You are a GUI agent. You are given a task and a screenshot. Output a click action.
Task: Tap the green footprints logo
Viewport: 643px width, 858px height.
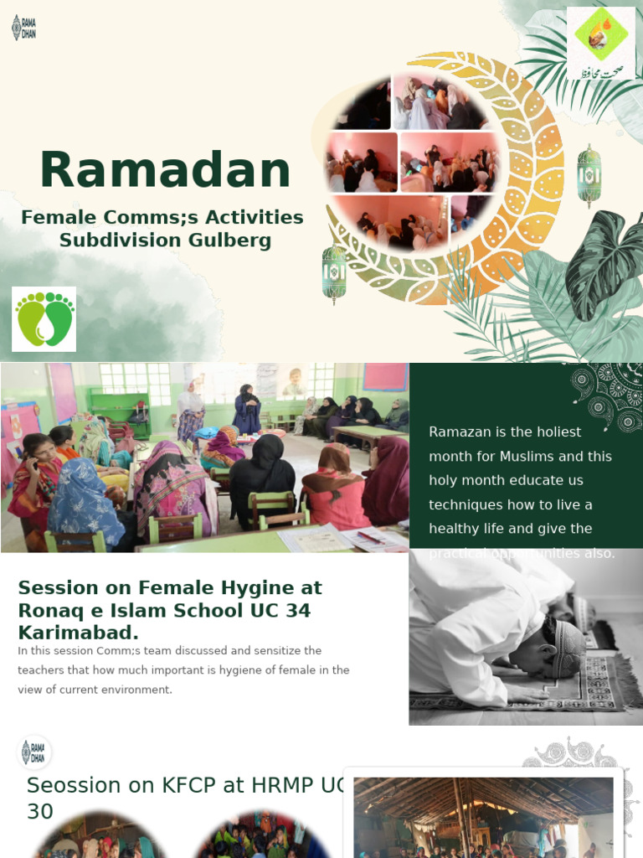tap(44, 319)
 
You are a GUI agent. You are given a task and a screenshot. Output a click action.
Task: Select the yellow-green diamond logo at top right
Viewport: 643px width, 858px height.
tap(600, 43)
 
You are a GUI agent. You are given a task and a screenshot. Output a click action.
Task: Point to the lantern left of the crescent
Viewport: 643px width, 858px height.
tap(334, 274)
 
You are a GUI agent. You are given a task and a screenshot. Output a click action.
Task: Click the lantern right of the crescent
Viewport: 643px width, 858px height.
tap(589, 174)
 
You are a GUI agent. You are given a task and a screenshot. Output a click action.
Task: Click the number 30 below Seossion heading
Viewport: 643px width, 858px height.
tap(39, 811)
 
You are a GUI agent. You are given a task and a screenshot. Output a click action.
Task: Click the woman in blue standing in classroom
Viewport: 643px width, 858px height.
tap(247, 411)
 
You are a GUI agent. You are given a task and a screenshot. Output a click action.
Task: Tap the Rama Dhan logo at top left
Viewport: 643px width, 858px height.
tap(23, 27)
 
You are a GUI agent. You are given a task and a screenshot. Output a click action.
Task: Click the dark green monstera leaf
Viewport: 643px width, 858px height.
tap(604, 263)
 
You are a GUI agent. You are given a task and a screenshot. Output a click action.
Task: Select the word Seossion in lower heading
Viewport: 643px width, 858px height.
tap(75, 785)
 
